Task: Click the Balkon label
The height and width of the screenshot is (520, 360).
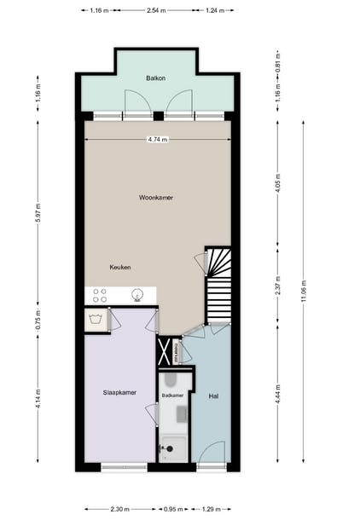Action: click(155, 78)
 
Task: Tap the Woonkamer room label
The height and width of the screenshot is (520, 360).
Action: click(156, 197)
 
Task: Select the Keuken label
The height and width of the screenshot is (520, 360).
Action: click(120, 268)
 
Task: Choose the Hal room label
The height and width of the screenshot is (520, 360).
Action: click(212, 396)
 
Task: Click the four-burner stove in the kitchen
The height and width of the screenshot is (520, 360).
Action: click(99, 295)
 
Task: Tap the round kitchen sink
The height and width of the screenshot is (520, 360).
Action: click(136, 295)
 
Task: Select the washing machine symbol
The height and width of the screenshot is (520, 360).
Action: click(97, 321)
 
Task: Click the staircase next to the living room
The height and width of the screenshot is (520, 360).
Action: click(218, 286)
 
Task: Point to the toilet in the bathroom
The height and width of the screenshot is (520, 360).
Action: click(170, 379)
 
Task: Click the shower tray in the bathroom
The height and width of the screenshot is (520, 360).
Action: click(173, 448)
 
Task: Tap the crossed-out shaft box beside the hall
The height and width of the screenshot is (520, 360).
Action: click(164, 350)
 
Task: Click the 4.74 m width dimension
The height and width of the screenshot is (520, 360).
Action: click(158, 140)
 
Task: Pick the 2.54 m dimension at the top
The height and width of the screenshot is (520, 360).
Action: click(156, 11)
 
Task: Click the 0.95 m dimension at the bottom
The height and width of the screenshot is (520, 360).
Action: click(173, 509)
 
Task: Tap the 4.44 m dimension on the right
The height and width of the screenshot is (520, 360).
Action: click(277, 396)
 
